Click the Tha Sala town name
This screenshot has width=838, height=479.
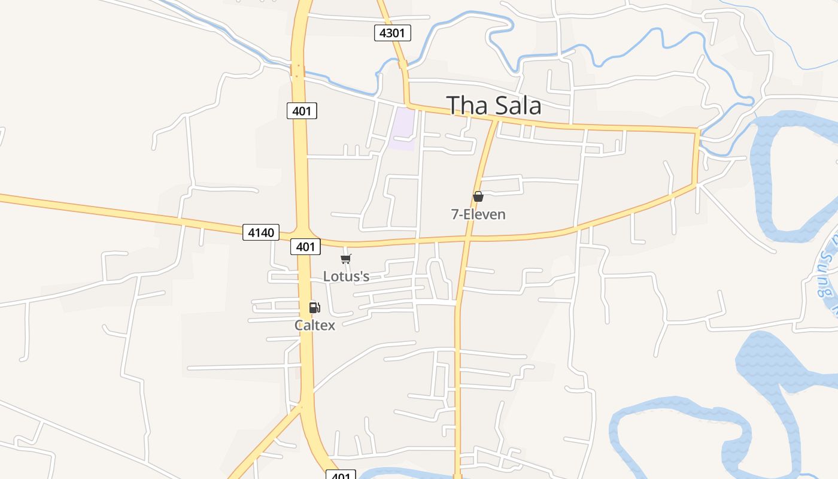(x=494, y=105)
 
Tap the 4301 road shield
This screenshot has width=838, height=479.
(x=393, y=32)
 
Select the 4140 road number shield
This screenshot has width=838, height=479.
(x=261, y=232)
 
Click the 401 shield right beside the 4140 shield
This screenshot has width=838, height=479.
(x=305, y=246)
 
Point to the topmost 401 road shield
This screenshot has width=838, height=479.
(x=302, y=111)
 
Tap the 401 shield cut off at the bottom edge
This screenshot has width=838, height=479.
(x=341, y=475)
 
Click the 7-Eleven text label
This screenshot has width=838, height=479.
(x=478, y=214)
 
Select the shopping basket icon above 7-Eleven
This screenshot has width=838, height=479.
(x=478, y=196)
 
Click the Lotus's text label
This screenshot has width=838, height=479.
(x=346, y=276)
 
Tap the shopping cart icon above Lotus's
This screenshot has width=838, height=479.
(x=345, y=259)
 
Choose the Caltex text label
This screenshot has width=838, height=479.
(x=314, y=325)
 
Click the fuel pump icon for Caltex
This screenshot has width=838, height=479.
(x=314, y=308)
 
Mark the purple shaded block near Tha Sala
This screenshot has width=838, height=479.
(x=402, y=128)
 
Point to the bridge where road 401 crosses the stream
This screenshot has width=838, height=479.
(x=297, y=71)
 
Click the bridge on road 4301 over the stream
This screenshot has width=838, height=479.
(x=403, y=65)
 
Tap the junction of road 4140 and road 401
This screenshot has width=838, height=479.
(x=302, y=234)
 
